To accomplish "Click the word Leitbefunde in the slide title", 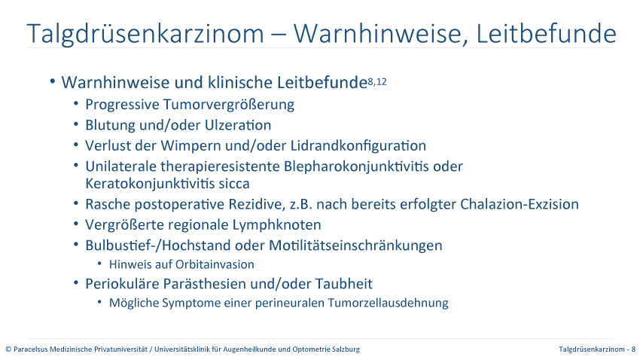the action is pos(546,33).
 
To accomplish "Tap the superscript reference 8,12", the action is pos(377,81).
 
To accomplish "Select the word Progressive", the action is pos(123,105).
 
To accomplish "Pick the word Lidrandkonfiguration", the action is pos(358,145).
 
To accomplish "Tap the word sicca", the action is pos(234,184).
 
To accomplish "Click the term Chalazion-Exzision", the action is pos(520,204).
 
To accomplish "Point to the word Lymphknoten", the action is pos(277,225).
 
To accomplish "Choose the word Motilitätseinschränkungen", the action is pos(355,246).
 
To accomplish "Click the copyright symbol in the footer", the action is pos(8,349).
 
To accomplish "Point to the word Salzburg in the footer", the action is pos(348,349).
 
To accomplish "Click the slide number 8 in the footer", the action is pos(633,349).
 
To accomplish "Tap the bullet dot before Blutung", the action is pos(76,124).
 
